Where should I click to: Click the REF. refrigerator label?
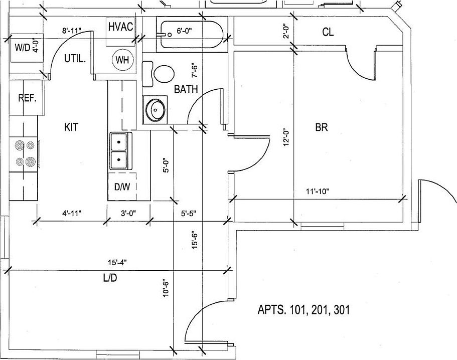click(x=27, y=98)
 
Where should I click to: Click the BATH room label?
click(x=186, y=90)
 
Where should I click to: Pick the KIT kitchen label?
click(x=71, y=127)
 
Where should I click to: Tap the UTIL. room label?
click(x=75, y=58)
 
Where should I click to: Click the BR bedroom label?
click(x=322, y=127)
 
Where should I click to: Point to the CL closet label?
click(x=328, y=33)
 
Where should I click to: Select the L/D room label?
click(x=110, y=278)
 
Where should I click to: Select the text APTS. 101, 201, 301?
click(x=303, y=310)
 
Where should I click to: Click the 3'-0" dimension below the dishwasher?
click(x=128, y=213)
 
